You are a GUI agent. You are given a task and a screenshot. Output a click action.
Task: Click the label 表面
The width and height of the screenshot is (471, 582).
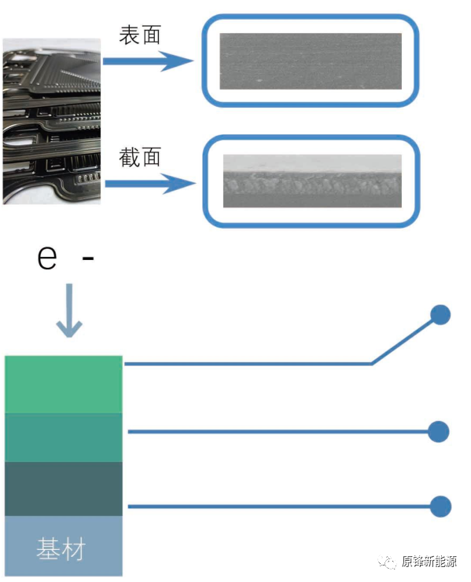(140, 35)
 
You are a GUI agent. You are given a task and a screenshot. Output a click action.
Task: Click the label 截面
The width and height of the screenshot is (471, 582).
(140, 156)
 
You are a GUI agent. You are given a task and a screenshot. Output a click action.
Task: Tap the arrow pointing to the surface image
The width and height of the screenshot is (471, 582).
(148, 61)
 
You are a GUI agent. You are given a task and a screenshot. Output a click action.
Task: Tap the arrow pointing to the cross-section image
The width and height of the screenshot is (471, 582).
(150, 183)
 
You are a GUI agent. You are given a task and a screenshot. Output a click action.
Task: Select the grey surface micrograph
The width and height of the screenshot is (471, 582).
(311, 61)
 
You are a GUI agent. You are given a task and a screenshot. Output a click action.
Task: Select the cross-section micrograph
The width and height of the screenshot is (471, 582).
(312, 181)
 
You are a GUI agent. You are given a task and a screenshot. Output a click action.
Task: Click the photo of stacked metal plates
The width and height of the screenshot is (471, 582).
(52, 122)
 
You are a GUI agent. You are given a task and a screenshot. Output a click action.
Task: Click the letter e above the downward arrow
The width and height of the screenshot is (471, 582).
(47, 257)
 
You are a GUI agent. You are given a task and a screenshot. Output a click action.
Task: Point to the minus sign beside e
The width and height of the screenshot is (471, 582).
(88, 258)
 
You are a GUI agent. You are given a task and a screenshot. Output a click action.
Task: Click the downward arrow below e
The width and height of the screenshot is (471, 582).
(69, 310)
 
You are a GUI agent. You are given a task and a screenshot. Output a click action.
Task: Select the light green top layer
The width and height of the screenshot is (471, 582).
(64, 385)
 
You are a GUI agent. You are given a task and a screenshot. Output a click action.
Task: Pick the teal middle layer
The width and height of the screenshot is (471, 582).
(64, 438)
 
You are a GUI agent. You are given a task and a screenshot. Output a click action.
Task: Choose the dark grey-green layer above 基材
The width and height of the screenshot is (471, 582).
(64, 489)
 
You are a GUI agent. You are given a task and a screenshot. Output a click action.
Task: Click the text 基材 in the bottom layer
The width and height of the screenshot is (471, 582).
(61, 548)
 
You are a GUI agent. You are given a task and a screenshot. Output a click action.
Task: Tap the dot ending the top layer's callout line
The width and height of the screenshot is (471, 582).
(440, 315)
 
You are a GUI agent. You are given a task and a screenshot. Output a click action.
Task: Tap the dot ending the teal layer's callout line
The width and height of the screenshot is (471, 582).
(439, 432)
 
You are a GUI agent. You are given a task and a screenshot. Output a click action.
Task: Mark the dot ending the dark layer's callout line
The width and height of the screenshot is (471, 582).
(440, 507)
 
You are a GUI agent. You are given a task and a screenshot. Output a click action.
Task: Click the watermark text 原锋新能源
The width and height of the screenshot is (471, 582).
(429, 562)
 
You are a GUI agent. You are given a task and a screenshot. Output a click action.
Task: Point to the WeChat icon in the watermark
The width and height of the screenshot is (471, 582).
(387, 562)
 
